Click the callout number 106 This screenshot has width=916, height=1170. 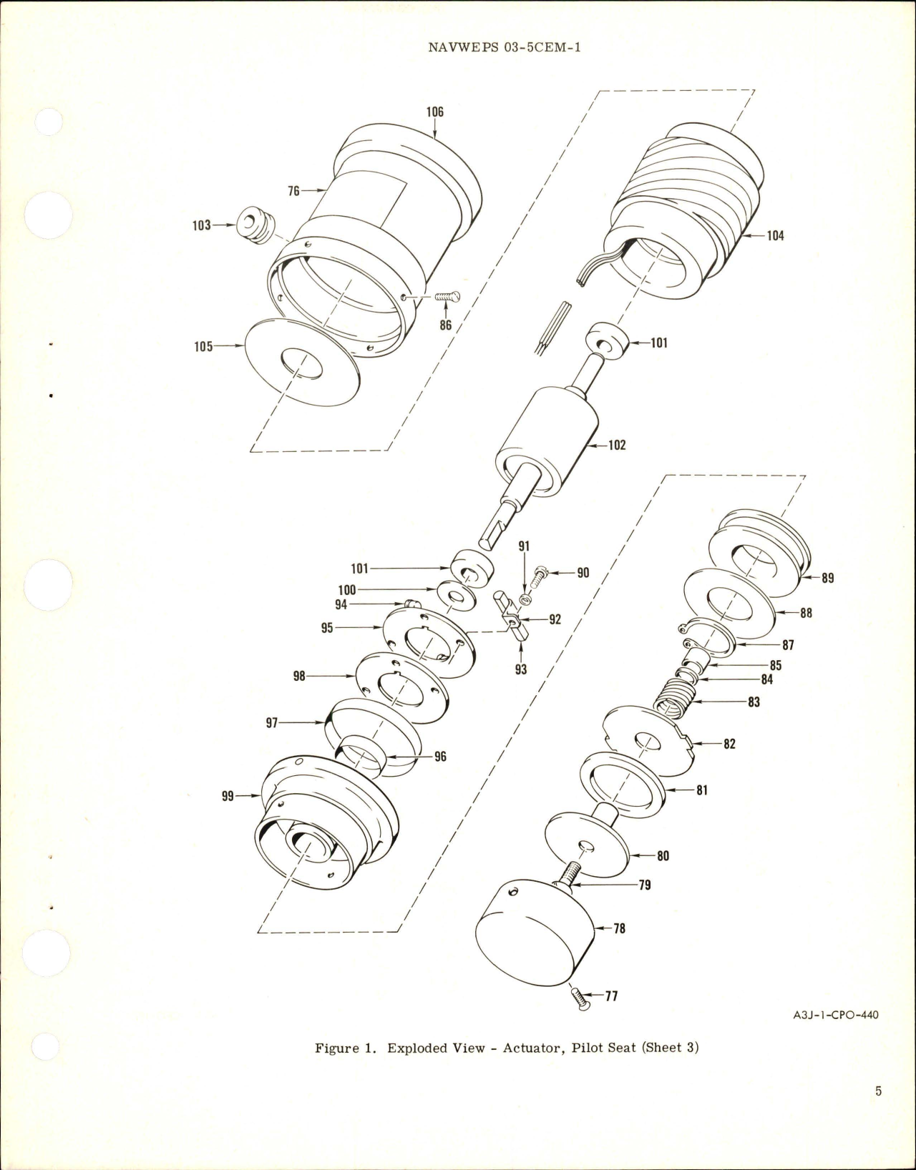pyautogui.click(x=434, y=112)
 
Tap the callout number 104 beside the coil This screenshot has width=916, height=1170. pyautogui.click(x=775, y=235)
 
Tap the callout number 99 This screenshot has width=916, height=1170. pyautogui.click(x=228, y=795)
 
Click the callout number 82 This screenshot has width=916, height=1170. pyautogui.click(x=729, y=744)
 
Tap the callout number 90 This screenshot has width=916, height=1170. pyautogui.click(x=583, y=573)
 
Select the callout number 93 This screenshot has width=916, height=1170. pyautogui.click(x=520, y=669)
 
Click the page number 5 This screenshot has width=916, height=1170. pyautogui.click(x=878, y=1111)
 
